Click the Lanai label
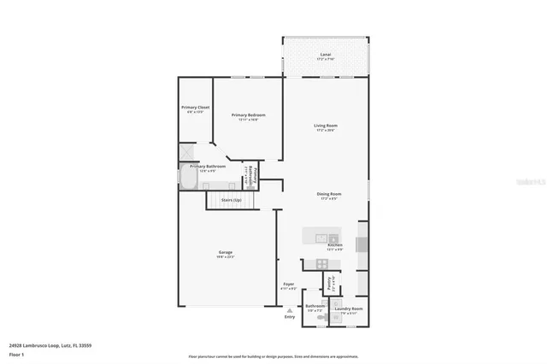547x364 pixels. click(325, 54)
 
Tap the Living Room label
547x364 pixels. click(325, 126)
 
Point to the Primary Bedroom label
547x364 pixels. click(249, 114)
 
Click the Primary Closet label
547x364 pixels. click(195, 108)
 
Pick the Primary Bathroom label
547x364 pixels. click(214, 167)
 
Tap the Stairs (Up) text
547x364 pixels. click(232, 199)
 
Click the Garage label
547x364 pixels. click(226, 252)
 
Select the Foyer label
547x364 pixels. click(289, 285)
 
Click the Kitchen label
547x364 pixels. click(334, 244)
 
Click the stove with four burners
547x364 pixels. click(322, 263)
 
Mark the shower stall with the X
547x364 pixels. click(186, 151)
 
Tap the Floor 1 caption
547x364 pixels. click(16, 354)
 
